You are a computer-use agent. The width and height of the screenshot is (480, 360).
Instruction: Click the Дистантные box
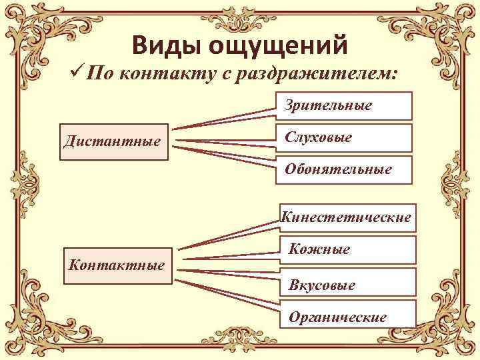tap(113, 141)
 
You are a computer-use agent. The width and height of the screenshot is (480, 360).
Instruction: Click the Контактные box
tap(116, 264)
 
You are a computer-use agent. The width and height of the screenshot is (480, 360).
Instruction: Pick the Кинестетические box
tap(347, 217)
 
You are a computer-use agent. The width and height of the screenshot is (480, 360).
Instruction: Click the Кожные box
tap(347, 250)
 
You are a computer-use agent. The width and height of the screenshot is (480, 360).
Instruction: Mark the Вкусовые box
tap(347, 285)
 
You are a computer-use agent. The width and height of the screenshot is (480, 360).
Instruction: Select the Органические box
tap(347, 316)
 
